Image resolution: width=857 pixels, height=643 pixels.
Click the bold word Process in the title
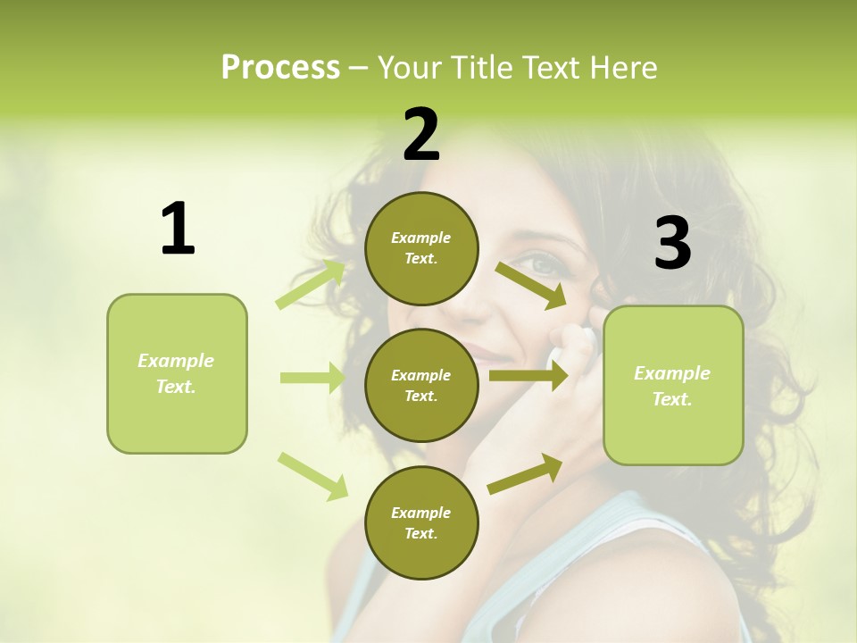point(280,68)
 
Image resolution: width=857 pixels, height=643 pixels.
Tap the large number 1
point(178,230)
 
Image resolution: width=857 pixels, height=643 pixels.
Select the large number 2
point(421,135)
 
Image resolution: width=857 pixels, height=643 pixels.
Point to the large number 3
point(673,244)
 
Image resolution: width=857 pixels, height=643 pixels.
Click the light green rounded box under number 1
point(177,373)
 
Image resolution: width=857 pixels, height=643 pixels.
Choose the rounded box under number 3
point(673,386)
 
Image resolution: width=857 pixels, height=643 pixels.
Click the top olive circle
point(421,248)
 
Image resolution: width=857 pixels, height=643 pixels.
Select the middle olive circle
point(421,385)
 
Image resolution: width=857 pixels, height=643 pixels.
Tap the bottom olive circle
point(421,522)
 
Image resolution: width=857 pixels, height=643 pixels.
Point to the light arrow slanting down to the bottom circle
point(312,475)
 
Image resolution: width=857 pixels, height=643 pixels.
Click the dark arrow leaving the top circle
point(530,285)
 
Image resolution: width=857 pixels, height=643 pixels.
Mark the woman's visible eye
point(540,263)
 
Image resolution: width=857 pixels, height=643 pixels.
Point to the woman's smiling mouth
point(489,352)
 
